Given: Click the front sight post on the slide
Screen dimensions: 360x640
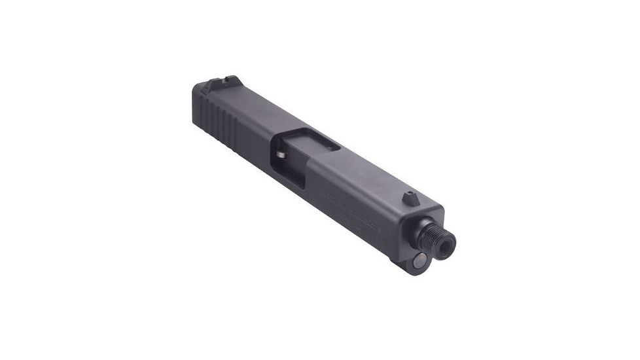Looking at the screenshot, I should [x=410, y=195].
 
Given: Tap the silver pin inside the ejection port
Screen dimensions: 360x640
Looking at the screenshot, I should [x=279, y=156].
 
